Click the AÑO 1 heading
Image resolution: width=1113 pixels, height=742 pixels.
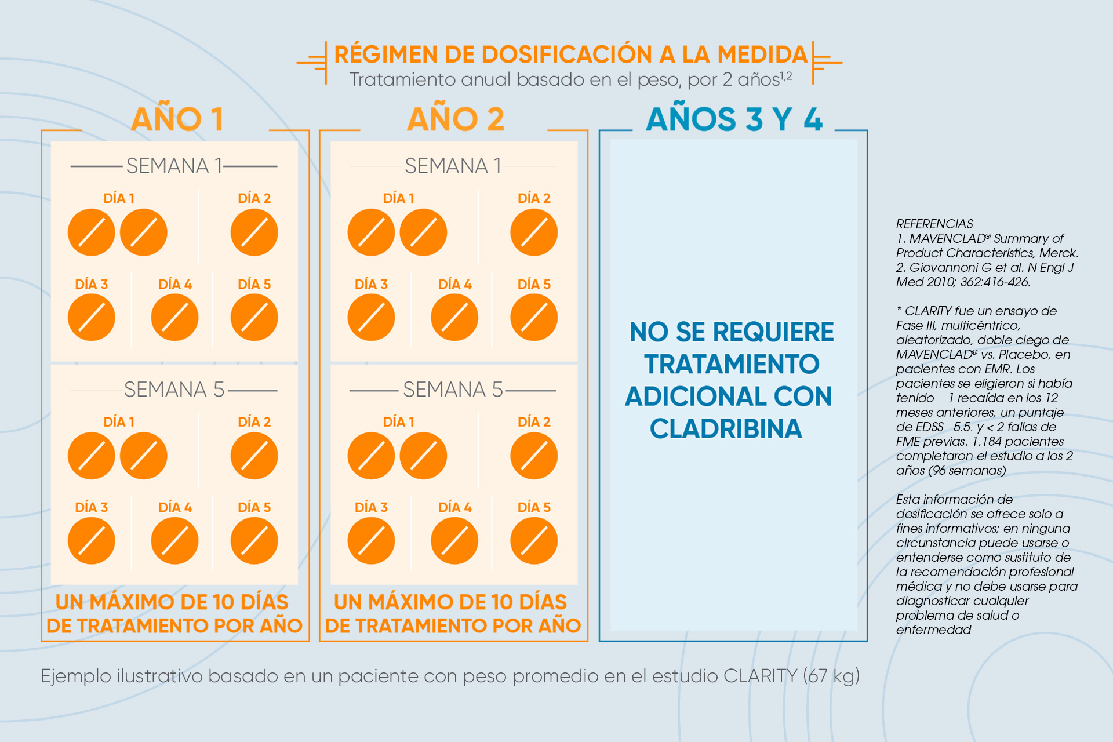click(x=177, y=119)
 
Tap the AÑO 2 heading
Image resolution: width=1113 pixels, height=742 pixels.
click(x=456, y=119)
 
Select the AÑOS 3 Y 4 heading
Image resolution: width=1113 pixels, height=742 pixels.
click(x=734, y=119)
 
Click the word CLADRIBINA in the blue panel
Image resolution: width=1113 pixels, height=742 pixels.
click(x=726, y=429)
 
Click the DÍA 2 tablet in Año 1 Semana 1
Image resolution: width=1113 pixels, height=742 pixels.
click(x=254, y=232)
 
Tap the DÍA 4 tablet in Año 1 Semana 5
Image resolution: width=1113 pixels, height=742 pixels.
click(x=174, y=541)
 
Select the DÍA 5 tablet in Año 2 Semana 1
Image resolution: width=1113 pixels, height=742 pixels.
click(x=534, y=317)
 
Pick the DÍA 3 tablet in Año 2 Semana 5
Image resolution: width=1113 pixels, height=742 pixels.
click(x=371, y=541)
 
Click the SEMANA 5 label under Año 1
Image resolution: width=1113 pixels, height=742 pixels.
click(x=174, y=390)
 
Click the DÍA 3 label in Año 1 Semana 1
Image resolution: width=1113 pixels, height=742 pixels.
click(x=92, y=284)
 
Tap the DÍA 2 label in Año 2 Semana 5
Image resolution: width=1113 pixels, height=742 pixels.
click(x=534, y=421)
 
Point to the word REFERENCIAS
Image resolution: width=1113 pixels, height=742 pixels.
click(x=934, y=224)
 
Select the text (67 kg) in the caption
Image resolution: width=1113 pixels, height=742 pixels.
click(x=831, y=676)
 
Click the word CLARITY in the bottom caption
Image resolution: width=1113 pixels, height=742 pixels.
click(x=761, y=676)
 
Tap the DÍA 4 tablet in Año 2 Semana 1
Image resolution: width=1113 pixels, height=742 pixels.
click(x=454, y=317)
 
